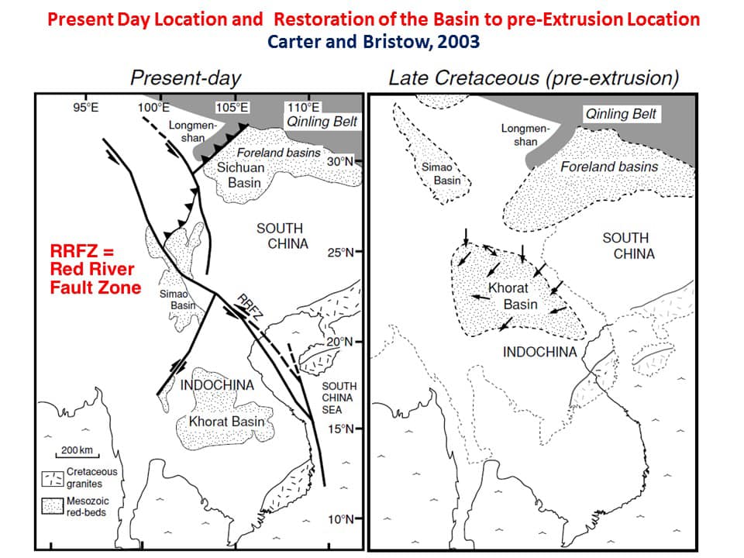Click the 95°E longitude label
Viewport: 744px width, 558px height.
point(86,107)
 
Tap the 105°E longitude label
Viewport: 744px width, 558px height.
point(232,107)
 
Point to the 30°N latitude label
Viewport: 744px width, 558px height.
point(340,162)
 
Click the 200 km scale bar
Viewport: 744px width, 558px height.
point(77,456)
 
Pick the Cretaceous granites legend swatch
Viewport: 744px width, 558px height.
point(52,479)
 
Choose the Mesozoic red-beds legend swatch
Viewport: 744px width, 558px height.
point(52,506)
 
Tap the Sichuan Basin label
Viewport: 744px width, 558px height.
point(241,175)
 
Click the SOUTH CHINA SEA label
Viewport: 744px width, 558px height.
point(339,398)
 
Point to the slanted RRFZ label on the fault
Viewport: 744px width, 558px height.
point(250,307)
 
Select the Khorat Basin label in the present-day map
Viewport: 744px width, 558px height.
point(227,422)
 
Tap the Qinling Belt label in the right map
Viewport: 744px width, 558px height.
point(621,114)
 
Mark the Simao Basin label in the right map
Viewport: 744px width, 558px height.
point(442,174)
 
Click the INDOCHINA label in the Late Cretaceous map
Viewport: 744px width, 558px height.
point(539,352)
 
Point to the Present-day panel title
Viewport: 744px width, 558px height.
point(185,78)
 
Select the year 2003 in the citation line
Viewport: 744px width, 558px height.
point(458,42)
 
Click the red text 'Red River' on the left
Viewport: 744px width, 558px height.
point(92,269)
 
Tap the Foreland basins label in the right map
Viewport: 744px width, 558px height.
point(609,167)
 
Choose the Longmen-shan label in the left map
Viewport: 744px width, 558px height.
point(193,132)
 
